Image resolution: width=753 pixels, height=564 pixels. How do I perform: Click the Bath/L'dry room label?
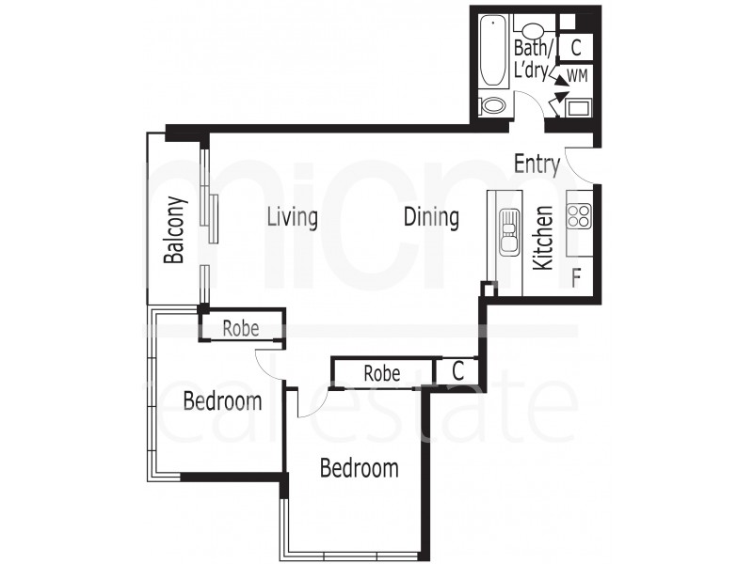[533, 57]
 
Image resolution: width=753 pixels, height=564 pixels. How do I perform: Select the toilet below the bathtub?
[493, 105]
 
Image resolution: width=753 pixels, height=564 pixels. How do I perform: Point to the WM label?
[577, 75]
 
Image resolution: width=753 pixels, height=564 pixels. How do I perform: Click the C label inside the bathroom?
[576, 45]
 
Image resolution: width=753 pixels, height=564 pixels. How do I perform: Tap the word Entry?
[537, 164]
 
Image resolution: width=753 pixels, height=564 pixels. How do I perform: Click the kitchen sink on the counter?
[508, 230]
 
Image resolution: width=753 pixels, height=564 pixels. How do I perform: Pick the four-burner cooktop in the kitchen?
[578, 217]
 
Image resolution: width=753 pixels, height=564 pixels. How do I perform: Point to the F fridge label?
[576, 277]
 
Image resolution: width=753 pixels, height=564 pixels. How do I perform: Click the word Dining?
[431, 217]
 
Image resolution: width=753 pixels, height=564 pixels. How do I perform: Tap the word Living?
[292, 217]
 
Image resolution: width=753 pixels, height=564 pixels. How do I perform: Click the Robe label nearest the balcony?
[240, 328]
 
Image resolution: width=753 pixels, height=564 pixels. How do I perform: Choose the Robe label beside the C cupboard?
[382, 373]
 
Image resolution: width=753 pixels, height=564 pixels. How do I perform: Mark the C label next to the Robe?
[457, 371]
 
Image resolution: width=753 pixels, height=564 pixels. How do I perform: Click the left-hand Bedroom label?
[222, 402]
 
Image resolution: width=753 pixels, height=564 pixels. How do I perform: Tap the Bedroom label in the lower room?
[359, 468]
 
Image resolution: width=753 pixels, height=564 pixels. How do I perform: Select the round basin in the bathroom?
[534, 29]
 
